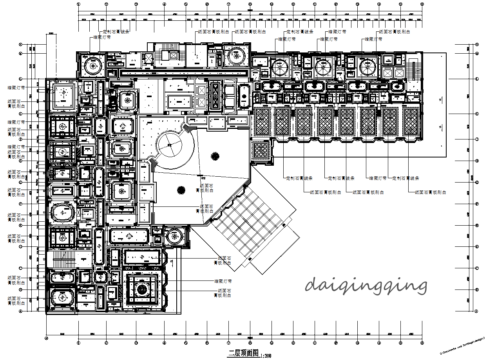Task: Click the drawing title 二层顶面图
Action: (243, 353)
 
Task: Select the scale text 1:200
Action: (265, 355)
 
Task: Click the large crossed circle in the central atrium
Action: (170, 145)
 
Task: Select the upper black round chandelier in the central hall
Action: (215, 156)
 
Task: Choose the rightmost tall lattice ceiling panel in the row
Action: (411, 121)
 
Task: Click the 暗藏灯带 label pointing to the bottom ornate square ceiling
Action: (223, 281)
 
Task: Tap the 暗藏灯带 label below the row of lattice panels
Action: (378, 178)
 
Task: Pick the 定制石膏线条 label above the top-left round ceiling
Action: (116, 32)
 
